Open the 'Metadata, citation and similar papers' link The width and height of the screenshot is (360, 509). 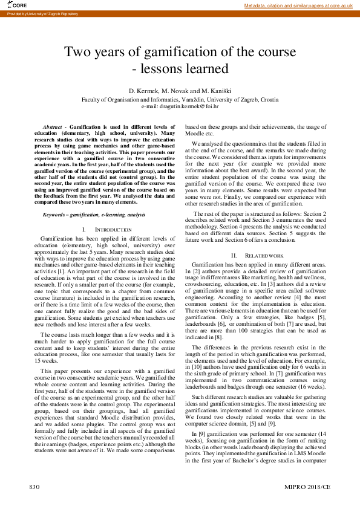(298, 5)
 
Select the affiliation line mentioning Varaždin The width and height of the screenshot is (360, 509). (180, 99)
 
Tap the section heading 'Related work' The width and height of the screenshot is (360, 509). (266, 256)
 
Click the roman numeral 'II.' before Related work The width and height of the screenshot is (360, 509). (234, 256)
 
